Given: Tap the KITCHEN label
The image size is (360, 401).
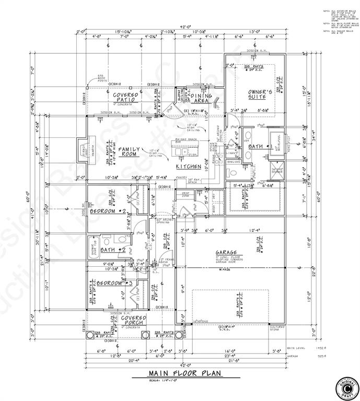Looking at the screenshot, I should tap(188, 166).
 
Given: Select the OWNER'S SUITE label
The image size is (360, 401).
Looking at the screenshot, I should tap(260, 95).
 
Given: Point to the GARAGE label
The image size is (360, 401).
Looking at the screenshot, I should tap(228, 253).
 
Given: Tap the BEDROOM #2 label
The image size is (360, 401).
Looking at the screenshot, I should tap(109, 211).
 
